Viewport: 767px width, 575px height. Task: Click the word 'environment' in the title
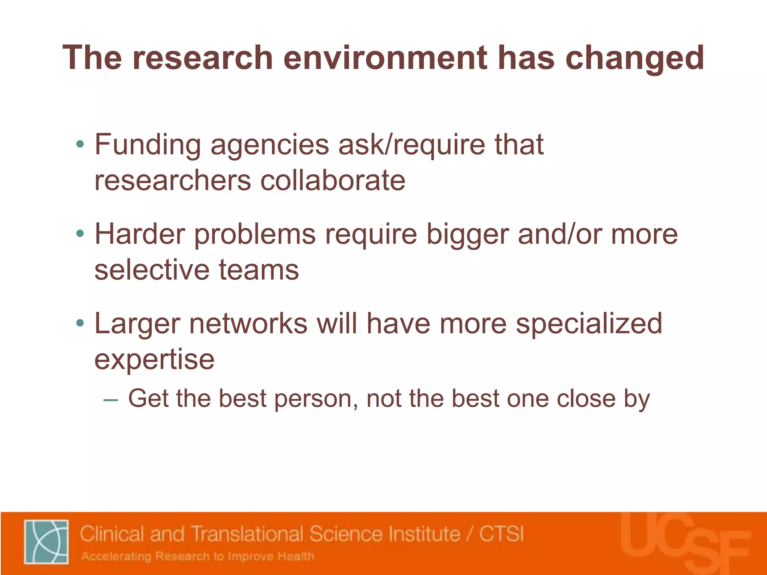pyautogui.click(x=385, y=58)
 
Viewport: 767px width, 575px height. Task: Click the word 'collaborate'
pyautogui.click(x=333, y=181)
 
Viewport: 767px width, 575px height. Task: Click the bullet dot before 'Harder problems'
pyautogui.click(x=80, y=234)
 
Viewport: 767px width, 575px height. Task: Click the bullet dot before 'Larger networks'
pyautogui.click(x=80, y=323)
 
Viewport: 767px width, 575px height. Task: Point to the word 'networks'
pyautogui.click(x=248, y=323)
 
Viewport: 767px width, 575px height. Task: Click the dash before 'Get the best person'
pyautogui.click(x=110, y=400)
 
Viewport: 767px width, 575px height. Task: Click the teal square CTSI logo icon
pyautogui.click(x=46, y=541)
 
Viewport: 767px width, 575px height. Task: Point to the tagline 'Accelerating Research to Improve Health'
pyautogui.click(x=198, y=557)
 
